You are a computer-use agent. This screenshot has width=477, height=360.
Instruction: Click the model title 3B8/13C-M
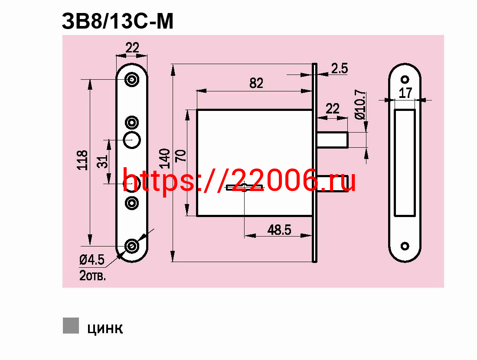tap(118, 21)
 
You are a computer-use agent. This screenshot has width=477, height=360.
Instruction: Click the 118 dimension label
tap(82, 160)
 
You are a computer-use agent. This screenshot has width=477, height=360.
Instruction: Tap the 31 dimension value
tap(102, 162)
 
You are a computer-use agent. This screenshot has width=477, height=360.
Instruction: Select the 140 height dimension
tap(165, 159)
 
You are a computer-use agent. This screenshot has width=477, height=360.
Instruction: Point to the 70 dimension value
tap(181, 156)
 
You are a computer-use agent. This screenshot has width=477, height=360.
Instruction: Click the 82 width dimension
tap(256, 83)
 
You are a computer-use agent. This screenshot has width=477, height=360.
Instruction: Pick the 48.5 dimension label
tap(279, 230)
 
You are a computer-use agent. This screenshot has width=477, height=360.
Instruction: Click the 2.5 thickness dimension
tap(340, 68)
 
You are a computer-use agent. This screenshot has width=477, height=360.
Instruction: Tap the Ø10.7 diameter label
tap(360, 104)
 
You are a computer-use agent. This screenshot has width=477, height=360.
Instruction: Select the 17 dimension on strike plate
tap(405, 93)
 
